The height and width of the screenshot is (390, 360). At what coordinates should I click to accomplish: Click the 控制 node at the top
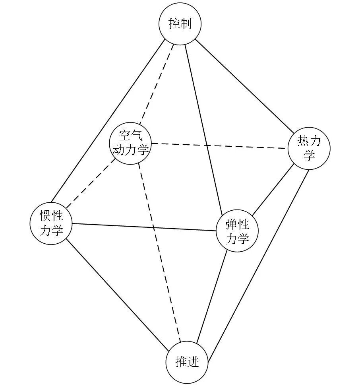[180, 24]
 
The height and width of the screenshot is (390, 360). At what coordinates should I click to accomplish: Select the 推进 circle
[187, 362]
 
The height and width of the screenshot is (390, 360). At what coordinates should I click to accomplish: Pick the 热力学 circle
[309, 148]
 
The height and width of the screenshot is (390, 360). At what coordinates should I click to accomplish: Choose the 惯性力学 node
[51, 223]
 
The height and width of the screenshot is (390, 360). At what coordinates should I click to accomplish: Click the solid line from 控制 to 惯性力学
[107, 121]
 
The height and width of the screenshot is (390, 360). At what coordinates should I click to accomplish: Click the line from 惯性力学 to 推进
[117, 294]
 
